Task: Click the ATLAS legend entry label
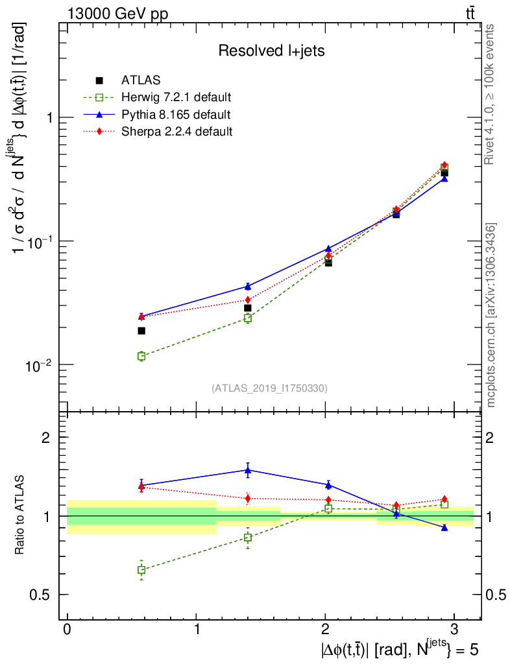pos(141,80)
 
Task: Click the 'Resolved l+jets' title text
pos(271,51)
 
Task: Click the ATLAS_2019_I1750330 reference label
pos(269,388)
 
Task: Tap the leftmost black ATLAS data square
pos(141,331)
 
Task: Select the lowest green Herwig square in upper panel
pos(141,356)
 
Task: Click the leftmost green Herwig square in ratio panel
pos(141,570)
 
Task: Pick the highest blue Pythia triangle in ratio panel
pos(248,470)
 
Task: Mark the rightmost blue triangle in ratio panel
pos(444,528)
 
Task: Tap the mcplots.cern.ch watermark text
pos(491,315)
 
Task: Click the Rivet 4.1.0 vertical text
pos(491,94)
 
